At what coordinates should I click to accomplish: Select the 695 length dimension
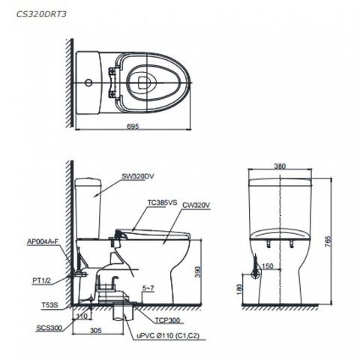click(x=132, y=125)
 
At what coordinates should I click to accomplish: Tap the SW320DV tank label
click(x=139, y=177)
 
